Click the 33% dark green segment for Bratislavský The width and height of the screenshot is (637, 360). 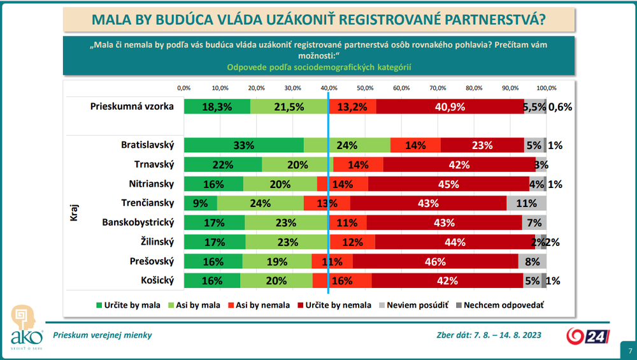coord(244,145)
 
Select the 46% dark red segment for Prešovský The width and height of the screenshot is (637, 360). coord(435,261)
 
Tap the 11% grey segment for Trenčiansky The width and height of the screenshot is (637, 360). coord(526,203)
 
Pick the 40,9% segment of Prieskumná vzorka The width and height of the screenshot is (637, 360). coord(450,107)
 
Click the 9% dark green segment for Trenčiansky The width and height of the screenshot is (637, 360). coord(201,203)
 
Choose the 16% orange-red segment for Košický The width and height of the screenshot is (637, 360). coord(342,280)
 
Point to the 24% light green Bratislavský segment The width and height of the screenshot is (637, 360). coord(347,145)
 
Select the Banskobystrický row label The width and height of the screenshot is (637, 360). coord(138,222)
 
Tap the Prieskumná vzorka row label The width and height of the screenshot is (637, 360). coord(132,106)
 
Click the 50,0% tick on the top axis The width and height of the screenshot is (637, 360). coord(365,88)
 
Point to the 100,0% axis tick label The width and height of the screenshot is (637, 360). coord(546,88)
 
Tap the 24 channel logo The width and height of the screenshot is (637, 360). coord(589,335)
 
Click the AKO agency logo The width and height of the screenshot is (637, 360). coord(25,328)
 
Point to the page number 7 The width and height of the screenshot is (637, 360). coord(630,351)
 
